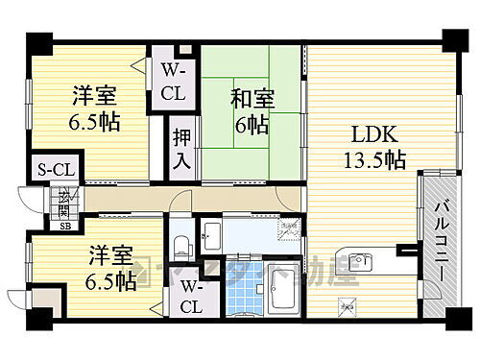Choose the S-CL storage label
pos(43,170)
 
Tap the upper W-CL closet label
pos(173,82)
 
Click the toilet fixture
pos(181,244)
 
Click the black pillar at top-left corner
pos(38,42)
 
